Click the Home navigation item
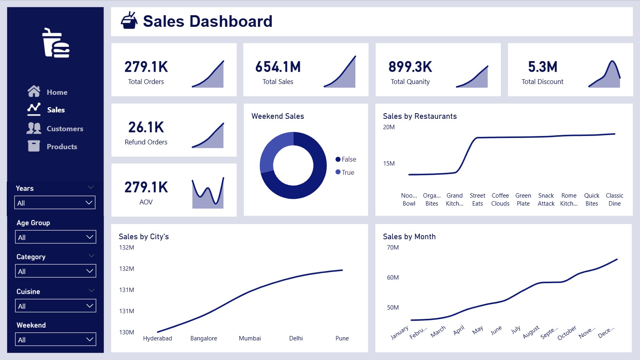coord(48,92)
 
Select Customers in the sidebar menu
coord(55,128)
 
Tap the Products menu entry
coord(53,146)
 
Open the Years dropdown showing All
coord(55,202)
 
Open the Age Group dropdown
coord(56,237)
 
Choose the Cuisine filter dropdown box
coord(56,306)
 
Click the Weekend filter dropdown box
coord(56,339)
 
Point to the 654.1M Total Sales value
coord(278,67)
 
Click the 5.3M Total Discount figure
coord(542,67)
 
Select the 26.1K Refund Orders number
coord(146,127)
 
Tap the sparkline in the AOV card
coord(208,193)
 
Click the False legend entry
coord(346,159)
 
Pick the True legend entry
coord(345,172)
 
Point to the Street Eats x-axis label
coord(477,199)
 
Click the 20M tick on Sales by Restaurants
coord(389,127)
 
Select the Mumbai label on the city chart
coord(250,338)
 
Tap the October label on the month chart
coord(567,332)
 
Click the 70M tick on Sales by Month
coord(393,247)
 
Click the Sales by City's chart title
coord(144,236)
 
